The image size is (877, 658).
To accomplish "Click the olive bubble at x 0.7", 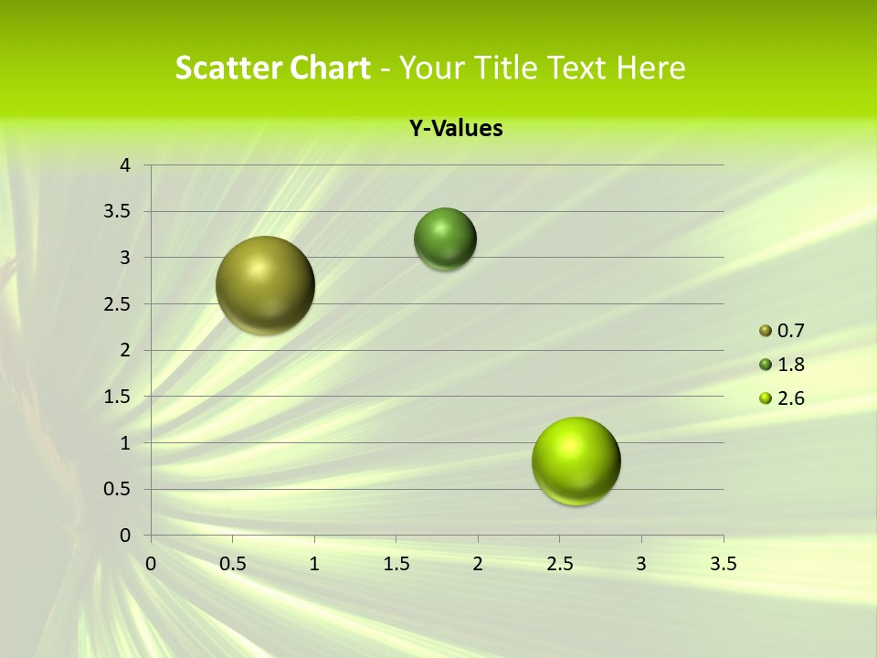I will pos(265,285).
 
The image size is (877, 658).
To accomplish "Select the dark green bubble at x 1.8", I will pos(445,239).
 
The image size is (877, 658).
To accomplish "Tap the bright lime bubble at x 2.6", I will pos(576,461).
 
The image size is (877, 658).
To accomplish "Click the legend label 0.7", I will pos(790,331).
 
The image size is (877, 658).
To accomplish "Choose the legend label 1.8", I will pos(790,365).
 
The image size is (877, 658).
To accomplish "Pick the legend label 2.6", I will pos(790,398).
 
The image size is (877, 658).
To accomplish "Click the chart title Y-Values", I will pos(455,129).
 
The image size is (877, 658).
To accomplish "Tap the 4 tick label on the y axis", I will pos(126,165).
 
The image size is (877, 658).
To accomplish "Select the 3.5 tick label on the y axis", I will pos(120,211).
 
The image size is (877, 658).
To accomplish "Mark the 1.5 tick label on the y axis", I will pos(120,397).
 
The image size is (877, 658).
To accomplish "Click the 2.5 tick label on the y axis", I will pos(120,304).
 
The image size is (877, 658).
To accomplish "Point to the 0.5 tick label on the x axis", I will pos(233,564).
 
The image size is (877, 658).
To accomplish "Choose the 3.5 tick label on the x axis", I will pos(723,564).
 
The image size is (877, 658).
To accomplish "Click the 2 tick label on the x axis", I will pos(478,564).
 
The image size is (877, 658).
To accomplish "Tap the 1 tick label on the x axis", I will pos(314,564).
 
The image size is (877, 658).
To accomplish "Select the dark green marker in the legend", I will pos(766,365).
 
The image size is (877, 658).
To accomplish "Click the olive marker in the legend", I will pos(766,331).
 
